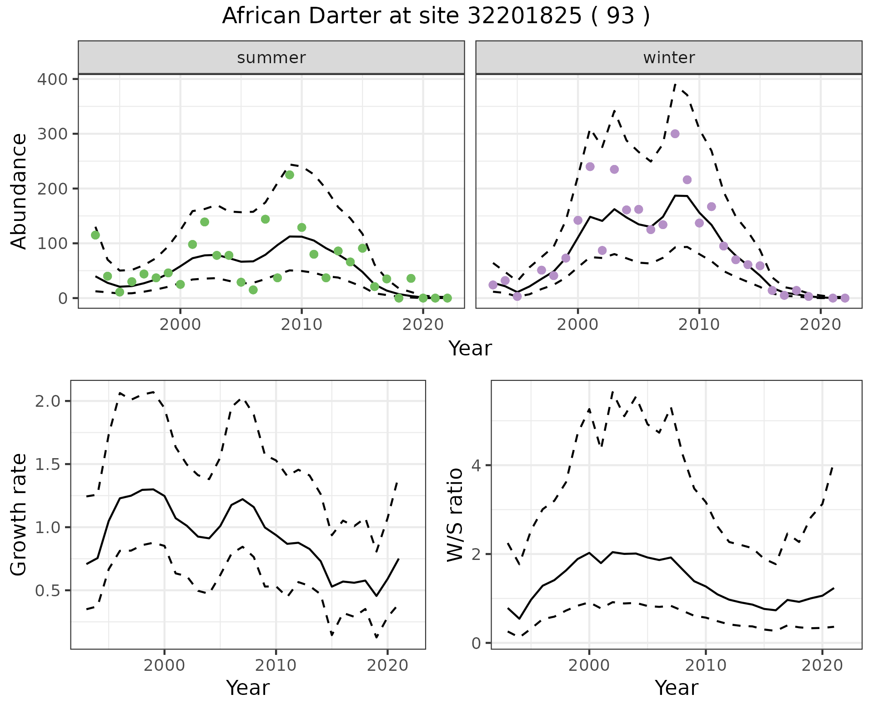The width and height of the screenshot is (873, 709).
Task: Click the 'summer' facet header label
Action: click(271, 58)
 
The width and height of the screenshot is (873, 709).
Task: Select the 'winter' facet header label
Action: click(668, 58)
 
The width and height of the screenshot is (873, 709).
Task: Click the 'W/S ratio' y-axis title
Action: click(455, 514)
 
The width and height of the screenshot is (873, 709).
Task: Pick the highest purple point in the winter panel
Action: click(675, 134)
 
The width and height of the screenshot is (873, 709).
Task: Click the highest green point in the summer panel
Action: click(289, 175)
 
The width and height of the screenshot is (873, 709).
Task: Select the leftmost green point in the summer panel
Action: click(95, 235)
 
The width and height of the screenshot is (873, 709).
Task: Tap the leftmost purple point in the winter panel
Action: click(493, 285)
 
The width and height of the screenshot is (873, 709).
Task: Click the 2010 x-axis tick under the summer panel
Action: click(301, 325)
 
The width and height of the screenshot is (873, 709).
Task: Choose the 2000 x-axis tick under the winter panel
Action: click(577, 325)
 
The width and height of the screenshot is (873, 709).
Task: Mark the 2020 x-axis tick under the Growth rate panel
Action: click(387, 665)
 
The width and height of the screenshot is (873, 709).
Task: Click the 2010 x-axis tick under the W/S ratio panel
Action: click(705, 665)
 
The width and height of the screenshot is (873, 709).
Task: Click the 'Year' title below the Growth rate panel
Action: click(248, 688)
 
